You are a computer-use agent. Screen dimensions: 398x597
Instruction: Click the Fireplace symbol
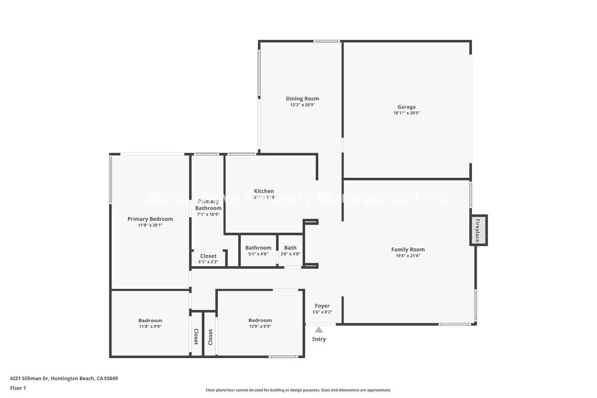point(478,230)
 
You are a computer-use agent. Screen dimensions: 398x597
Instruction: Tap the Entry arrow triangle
point(319,330)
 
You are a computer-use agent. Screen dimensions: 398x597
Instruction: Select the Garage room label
point(406,107)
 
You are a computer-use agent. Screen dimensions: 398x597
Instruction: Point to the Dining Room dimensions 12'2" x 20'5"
point(303,105)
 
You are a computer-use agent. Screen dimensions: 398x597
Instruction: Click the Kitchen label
point(264,191)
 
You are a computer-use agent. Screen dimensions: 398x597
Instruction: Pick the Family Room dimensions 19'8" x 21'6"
point(408,256)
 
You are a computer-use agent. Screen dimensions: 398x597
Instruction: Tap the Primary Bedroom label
point(150,219)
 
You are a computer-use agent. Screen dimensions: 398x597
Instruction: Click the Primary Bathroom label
point(208,205)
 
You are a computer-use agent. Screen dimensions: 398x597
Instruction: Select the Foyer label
point(322,306)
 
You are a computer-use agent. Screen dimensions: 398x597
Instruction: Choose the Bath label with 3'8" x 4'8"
point(290,248)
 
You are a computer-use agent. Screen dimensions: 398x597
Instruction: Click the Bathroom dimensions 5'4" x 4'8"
point(258,254)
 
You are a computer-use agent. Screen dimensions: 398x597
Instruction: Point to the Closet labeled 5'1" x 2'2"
point(208,256)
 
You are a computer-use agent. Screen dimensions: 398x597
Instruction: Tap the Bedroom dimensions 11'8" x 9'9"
point(150,326)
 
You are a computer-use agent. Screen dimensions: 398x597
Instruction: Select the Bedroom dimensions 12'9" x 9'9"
point(260,326)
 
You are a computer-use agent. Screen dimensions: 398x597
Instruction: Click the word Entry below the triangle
point(319,339)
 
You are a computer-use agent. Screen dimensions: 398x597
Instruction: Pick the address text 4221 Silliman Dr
point(29,378)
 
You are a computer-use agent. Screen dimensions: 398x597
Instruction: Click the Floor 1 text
point(18,388)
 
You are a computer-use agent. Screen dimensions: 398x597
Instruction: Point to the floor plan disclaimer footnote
point(298,390)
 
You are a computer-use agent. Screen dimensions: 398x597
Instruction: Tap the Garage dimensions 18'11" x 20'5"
point(406,113)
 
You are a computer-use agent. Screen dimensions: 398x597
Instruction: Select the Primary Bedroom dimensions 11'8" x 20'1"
point(150,225)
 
